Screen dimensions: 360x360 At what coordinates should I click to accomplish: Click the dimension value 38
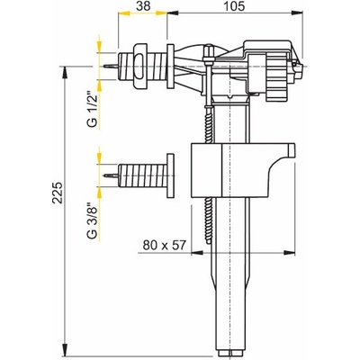point(143,6)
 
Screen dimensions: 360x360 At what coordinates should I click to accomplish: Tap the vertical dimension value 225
point(58,193)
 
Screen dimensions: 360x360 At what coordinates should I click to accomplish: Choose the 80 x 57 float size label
point(165,245)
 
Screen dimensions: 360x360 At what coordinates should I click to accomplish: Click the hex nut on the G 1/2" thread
point(140,67)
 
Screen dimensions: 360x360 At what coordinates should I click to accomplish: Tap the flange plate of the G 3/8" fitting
point(170,175)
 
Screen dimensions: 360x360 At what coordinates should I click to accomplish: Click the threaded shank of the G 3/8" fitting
point(143,175)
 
